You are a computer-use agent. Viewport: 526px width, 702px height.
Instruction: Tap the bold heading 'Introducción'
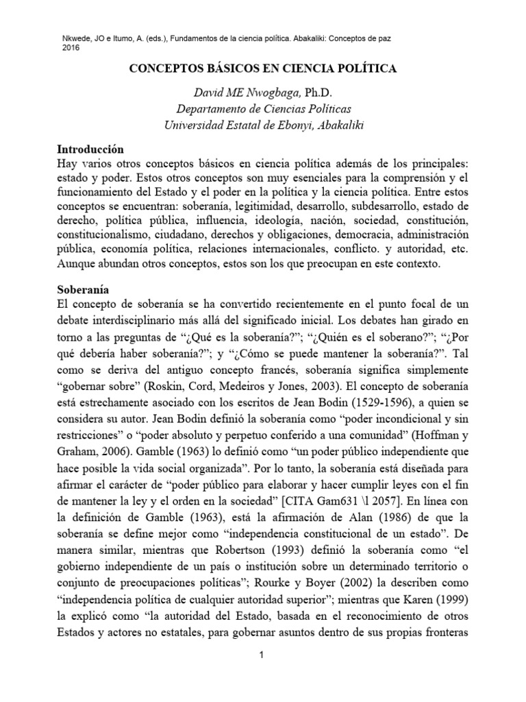(x=92, y=148)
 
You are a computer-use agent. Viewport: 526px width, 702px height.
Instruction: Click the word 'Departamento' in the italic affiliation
(x=213, y=108)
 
